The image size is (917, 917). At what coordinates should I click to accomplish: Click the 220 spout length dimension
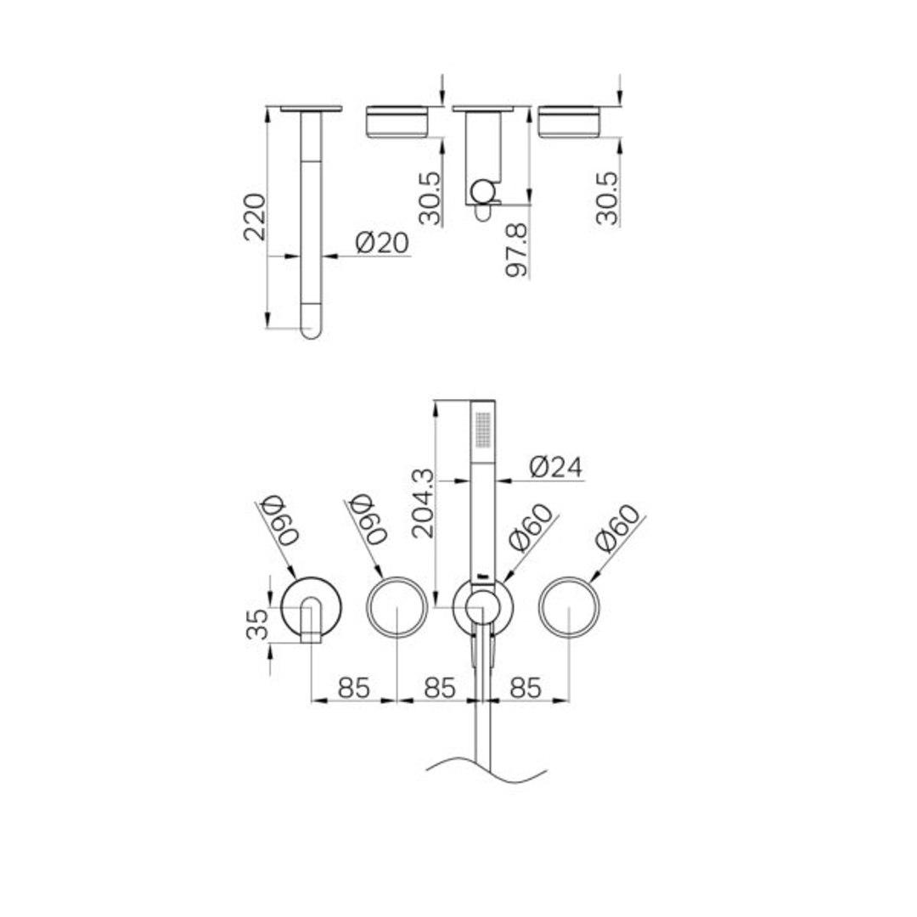(x=255, y=217)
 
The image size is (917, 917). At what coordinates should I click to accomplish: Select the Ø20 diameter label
(x=382, y=243)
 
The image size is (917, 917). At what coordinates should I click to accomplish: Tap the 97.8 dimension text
(x=516, y=251)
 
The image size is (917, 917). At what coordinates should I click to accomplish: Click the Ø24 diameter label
(x=557, y=467)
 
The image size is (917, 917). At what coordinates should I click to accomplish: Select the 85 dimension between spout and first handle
(x=354, y=688)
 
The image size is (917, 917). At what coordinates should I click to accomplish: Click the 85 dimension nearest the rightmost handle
(x=525, y=688)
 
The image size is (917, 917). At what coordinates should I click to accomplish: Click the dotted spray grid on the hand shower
(x=482, y=430)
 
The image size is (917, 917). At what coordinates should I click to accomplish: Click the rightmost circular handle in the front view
(x=569, y=606)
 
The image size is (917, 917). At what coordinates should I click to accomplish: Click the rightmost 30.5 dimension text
(x=607, y=197)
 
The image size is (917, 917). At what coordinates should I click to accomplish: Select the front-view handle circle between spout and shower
(x=397, y=606)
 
